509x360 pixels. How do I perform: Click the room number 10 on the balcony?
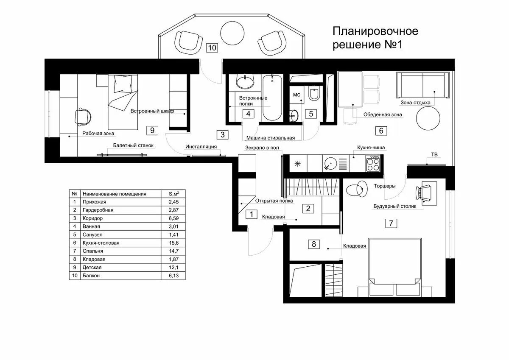click(x=212, y=47)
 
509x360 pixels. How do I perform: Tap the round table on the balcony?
click(x=232, y=33)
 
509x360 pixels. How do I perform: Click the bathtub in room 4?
click(x=272, y=98)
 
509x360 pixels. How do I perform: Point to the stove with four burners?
click(x=373, y=163)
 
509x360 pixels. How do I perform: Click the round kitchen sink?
click(x=330, y=163)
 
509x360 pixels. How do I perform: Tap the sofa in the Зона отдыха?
click(x=422, y=85)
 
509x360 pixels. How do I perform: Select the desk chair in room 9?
click(x=83, y=117)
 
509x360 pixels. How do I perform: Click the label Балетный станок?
click(x=133, y=145)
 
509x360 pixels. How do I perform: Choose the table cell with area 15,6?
click(x=173, y=243)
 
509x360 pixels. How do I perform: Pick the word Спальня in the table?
click(x=93, y=251)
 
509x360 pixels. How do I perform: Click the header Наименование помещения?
click(x=114, y=194)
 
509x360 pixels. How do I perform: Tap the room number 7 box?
click(x=391, y=223)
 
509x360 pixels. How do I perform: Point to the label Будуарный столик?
click(x=395, y=206)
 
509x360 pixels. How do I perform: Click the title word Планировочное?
click(x=375, y=31)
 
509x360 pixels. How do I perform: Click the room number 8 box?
click(x=314, y=244)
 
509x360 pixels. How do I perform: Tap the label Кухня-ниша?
click(x=371, y=148)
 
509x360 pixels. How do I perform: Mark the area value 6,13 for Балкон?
click(x=173, y=276)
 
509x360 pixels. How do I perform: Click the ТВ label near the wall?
click(x=434, y=154)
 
